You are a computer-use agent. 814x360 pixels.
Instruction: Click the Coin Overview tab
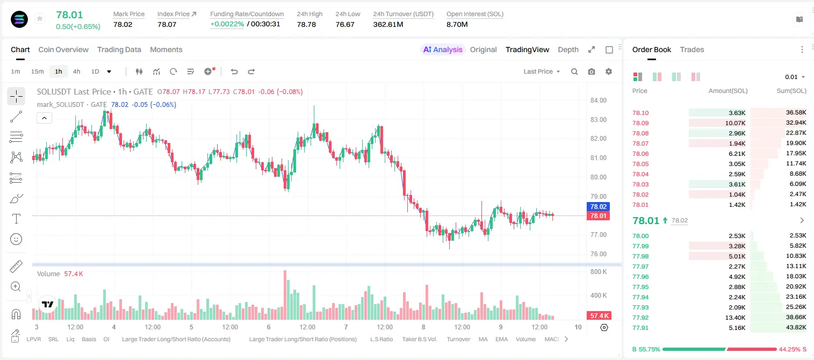point(63,49)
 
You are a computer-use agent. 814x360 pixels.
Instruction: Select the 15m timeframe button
point(37,71)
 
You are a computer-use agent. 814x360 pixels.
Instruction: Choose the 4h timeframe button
point(76,71)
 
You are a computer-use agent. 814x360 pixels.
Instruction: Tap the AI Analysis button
point(443,49)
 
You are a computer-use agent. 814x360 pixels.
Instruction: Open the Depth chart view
point(568,49)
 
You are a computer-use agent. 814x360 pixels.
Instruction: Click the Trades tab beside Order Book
point(692,49)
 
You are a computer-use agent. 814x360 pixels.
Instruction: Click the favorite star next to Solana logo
point(40,18)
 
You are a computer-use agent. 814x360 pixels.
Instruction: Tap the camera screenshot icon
point(592,71)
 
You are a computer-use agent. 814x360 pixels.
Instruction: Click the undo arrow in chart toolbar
point(234,71)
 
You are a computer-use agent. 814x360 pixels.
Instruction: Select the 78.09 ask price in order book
point(640,123)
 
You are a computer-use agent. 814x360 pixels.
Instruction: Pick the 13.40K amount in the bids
point(735,318)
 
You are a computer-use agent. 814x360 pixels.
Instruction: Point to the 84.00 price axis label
point(599,100)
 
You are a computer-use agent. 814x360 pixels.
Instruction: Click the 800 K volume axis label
point(598,272)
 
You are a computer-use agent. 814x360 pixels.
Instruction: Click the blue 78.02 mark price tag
point(598,207)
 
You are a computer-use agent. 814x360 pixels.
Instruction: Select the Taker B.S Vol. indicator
point(419,339)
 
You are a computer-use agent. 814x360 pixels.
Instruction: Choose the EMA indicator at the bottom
point(501,339)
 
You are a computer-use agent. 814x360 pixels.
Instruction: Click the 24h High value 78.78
point(306,24)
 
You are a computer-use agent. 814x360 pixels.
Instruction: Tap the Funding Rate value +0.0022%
point(227,24)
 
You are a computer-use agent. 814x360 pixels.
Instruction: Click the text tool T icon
point(16,219)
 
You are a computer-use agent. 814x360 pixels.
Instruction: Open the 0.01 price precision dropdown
point(795,77)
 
